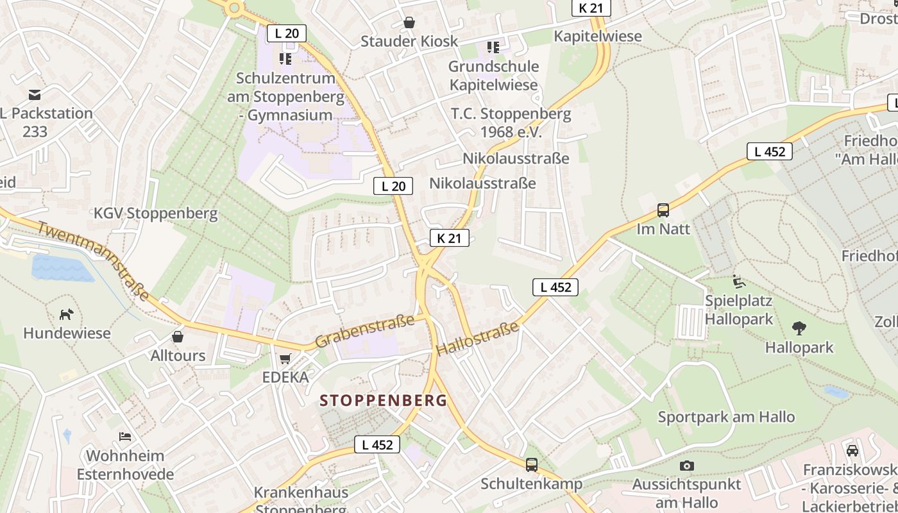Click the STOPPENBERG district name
coord(383,401)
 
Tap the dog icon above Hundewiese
coord(67,314)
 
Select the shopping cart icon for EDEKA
coord(285,358)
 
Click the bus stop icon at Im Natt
coord(663,210)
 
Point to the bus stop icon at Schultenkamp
coord(532,465)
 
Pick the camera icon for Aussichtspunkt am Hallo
coord(687,466)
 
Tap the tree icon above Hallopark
coord(799,328)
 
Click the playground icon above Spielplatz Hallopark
coord(739,281)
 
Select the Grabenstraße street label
coord(364,331)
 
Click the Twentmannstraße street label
coord(94,260)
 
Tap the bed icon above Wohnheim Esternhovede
coord(125,437)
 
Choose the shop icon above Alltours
coord(178,336)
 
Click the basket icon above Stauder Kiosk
coord(409,22)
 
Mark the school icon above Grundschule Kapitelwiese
coord(493,47)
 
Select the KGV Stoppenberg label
coord(156,214)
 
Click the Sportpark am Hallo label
coord(726,417)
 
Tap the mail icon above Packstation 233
coord(35,95)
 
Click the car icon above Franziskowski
coord(852,450)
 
